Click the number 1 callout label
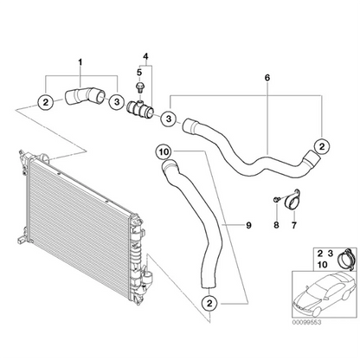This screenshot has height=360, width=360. click(81, 62)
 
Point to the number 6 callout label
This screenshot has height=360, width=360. click(267, 78)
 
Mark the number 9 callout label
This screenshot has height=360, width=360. click(247, 226)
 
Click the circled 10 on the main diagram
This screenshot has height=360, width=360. click(164, 153)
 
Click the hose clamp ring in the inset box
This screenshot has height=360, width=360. click(344, 257)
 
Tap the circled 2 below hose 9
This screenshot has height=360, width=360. click(210, 303)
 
